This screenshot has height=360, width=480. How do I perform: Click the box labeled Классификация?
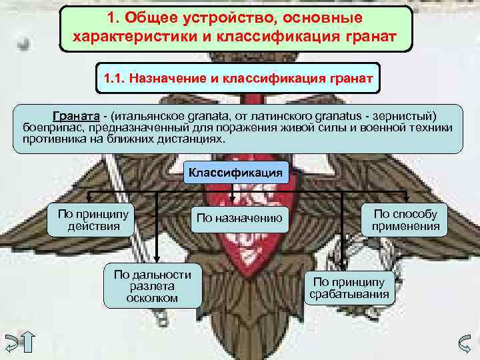pyautogui.click(x=235, y=173)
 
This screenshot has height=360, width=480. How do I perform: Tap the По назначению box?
pyautogui.click(x=239, y=219)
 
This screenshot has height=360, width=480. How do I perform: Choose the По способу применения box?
pyautogui.click(x=406, y=220)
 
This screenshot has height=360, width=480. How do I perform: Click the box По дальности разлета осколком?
pyautogui.click(x=153, y=286)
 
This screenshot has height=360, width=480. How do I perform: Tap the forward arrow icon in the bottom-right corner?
pyautogui.click(x=466, y=341)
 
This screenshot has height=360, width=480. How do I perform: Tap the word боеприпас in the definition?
pyautogui.click(x=49, y=127)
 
